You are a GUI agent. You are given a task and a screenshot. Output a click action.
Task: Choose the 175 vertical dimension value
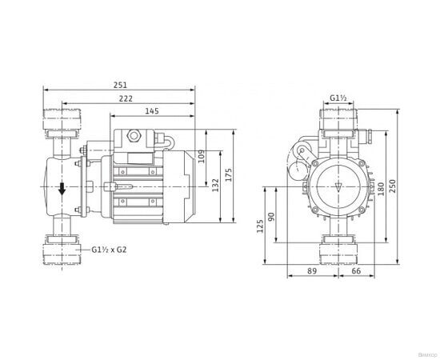230,176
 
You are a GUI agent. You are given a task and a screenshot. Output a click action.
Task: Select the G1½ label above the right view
338,99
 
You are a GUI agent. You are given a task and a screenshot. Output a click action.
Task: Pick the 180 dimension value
382,186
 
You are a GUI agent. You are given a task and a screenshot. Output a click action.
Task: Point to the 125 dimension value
261,229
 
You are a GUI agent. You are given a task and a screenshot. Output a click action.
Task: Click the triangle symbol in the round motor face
339,188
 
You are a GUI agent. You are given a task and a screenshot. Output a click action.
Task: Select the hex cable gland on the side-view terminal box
135,138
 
